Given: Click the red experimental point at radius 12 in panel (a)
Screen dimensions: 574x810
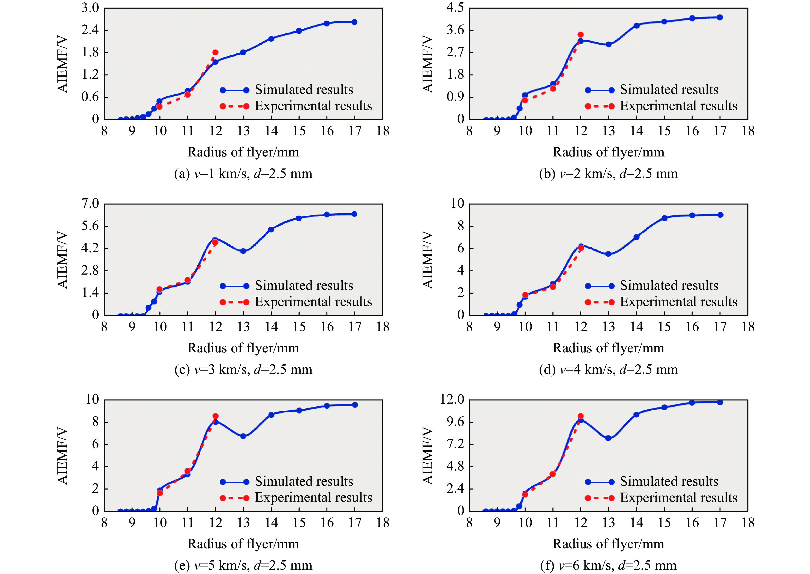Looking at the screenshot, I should point(215,52).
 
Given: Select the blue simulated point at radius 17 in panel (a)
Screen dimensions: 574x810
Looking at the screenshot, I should point(354,22).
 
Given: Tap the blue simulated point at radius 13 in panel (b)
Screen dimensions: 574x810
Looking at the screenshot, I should point(608,45).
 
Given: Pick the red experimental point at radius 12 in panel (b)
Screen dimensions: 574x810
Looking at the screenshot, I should point(580,35).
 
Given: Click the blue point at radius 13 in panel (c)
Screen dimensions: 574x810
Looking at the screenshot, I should point(243,251).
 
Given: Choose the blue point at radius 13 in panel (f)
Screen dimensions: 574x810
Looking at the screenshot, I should point(608,438).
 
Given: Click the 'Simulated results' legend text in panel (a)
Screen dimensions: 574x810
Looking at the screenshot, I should point(304,89).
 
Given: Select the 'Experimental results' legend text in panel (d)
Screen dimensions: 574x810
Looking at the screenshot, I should point(678,302).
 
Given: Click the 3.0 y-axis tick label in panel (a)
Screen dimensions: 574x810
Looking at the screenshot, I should point(90,8).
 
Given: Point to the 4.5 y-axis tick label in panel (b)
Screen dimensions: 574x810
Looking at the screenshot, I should point(455,8).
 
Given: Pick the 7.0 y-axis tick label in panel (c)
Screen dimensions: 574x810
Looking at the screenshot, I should point(90,204).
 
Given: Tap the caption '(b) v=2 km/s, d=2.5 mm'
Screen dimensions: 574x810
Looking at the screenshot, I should point(608,174).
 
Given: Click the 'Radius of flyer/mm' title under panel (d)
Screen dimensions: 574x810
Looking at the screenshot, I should point(608,348).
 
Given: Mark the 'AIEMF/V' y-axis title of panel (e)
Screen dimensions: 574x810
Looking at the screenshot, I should point(63,456).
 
